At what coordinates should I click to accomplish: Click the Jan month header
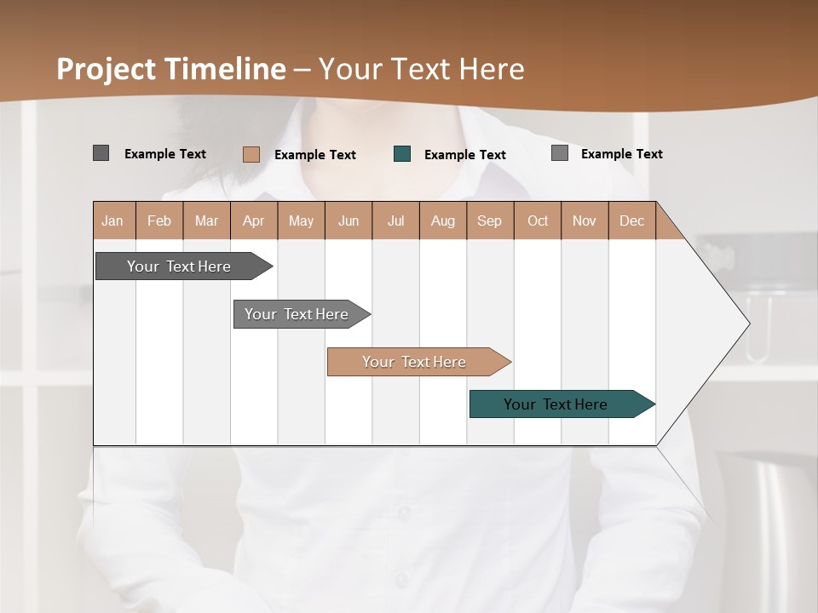point(113,221)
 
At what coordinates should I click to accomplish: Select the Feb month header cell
point(159,221)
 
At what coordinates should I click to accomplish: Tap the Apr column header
point(254,221)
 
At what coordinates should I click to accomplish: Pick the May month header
point(301,221)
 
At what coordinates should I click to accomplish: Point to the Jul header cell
point(395,221)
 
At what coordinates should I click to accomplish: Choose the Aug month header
point(443,221)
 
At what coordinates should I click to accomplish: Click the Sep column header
point(490,221)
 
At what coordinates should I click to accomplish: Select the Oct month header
point(538,221)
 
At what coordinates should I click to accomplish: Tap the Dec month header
point(632,221)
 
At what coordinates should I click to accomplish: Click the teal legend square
point(402,154)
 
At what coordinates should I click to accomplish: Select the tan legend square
point(251,154)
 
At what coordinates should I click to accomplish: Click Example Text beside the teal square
point(465,155)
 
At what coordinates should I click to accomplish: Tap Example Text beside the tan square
point(315,155)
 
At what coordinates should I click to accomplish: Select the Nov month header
point(585,221)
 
